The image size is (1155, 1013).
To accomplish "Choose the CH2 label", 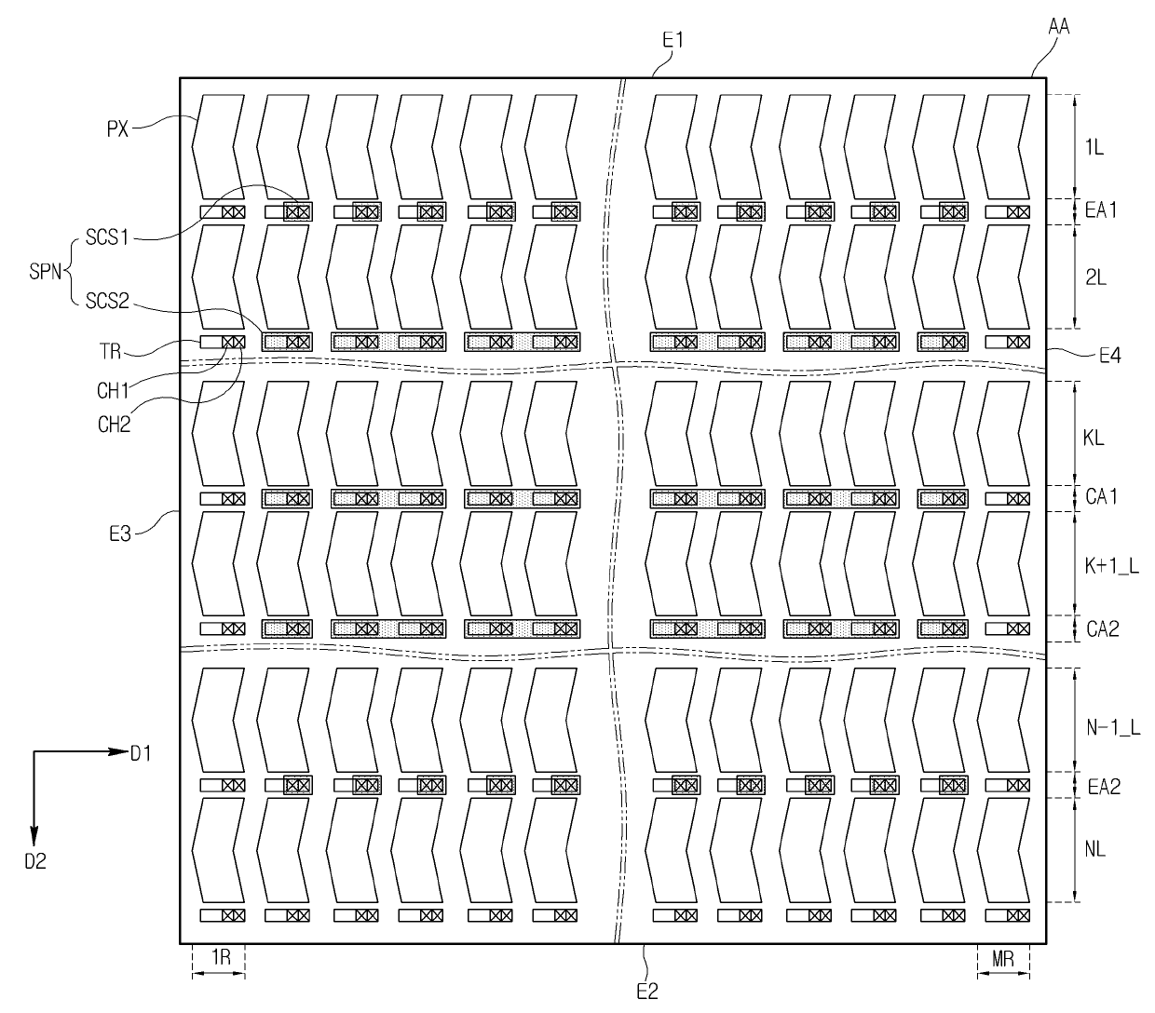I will [113, 425].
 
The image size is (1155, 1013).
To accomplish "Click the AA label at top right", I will [1058, 27].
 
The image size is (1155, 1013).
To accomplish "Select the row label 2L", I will [1095, 277].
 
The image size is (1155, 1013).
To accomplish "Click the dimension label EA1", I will [1101, 211].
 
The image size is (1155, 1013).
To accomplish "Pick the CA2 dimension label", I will [1103, 628].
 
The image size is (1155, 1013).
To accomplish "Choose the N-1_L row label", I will [1114, 728].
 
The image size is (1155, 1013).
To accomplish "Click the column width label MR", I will [1003, 959].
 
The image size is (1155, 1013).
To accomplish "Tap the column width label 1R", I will [220, 959].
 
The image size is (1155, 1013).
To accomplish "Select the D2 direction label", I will [34, 862].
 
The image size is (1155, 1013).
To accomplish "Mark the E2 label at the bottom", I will [646, 992].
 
